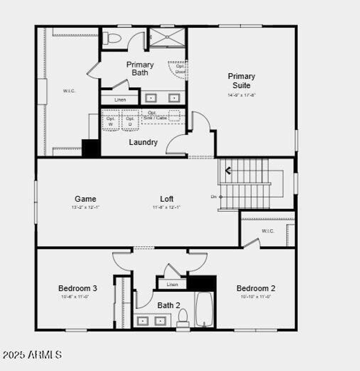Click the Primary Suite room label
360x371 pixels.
[241, 81]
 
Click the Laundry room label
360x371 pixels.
[143, 142]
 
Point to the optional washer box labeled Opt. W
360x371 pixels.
[111, 121]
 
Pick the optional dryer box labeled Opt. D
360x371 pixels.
[130, 121]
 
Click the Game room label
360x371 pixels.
[85, 199]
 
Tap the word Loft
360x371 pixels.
[167, 199]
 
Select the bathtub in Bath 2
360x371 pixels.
[204, 309]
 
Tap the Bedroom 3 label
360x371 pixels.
[78, 288]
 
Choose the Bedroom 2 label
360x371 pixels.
[256, 288]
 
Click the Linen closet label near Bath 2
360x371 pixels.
[172, 284]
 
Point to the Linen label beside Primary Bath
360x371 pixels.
[120, 100]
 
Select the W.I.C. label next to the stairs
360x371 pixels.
[268, 231]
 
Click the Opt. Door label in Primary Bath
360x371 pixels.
[180, 69]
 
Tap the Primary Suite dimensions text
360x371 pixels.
[241, 95]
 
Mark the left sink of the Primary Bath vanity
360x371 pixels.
[151, 98]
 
